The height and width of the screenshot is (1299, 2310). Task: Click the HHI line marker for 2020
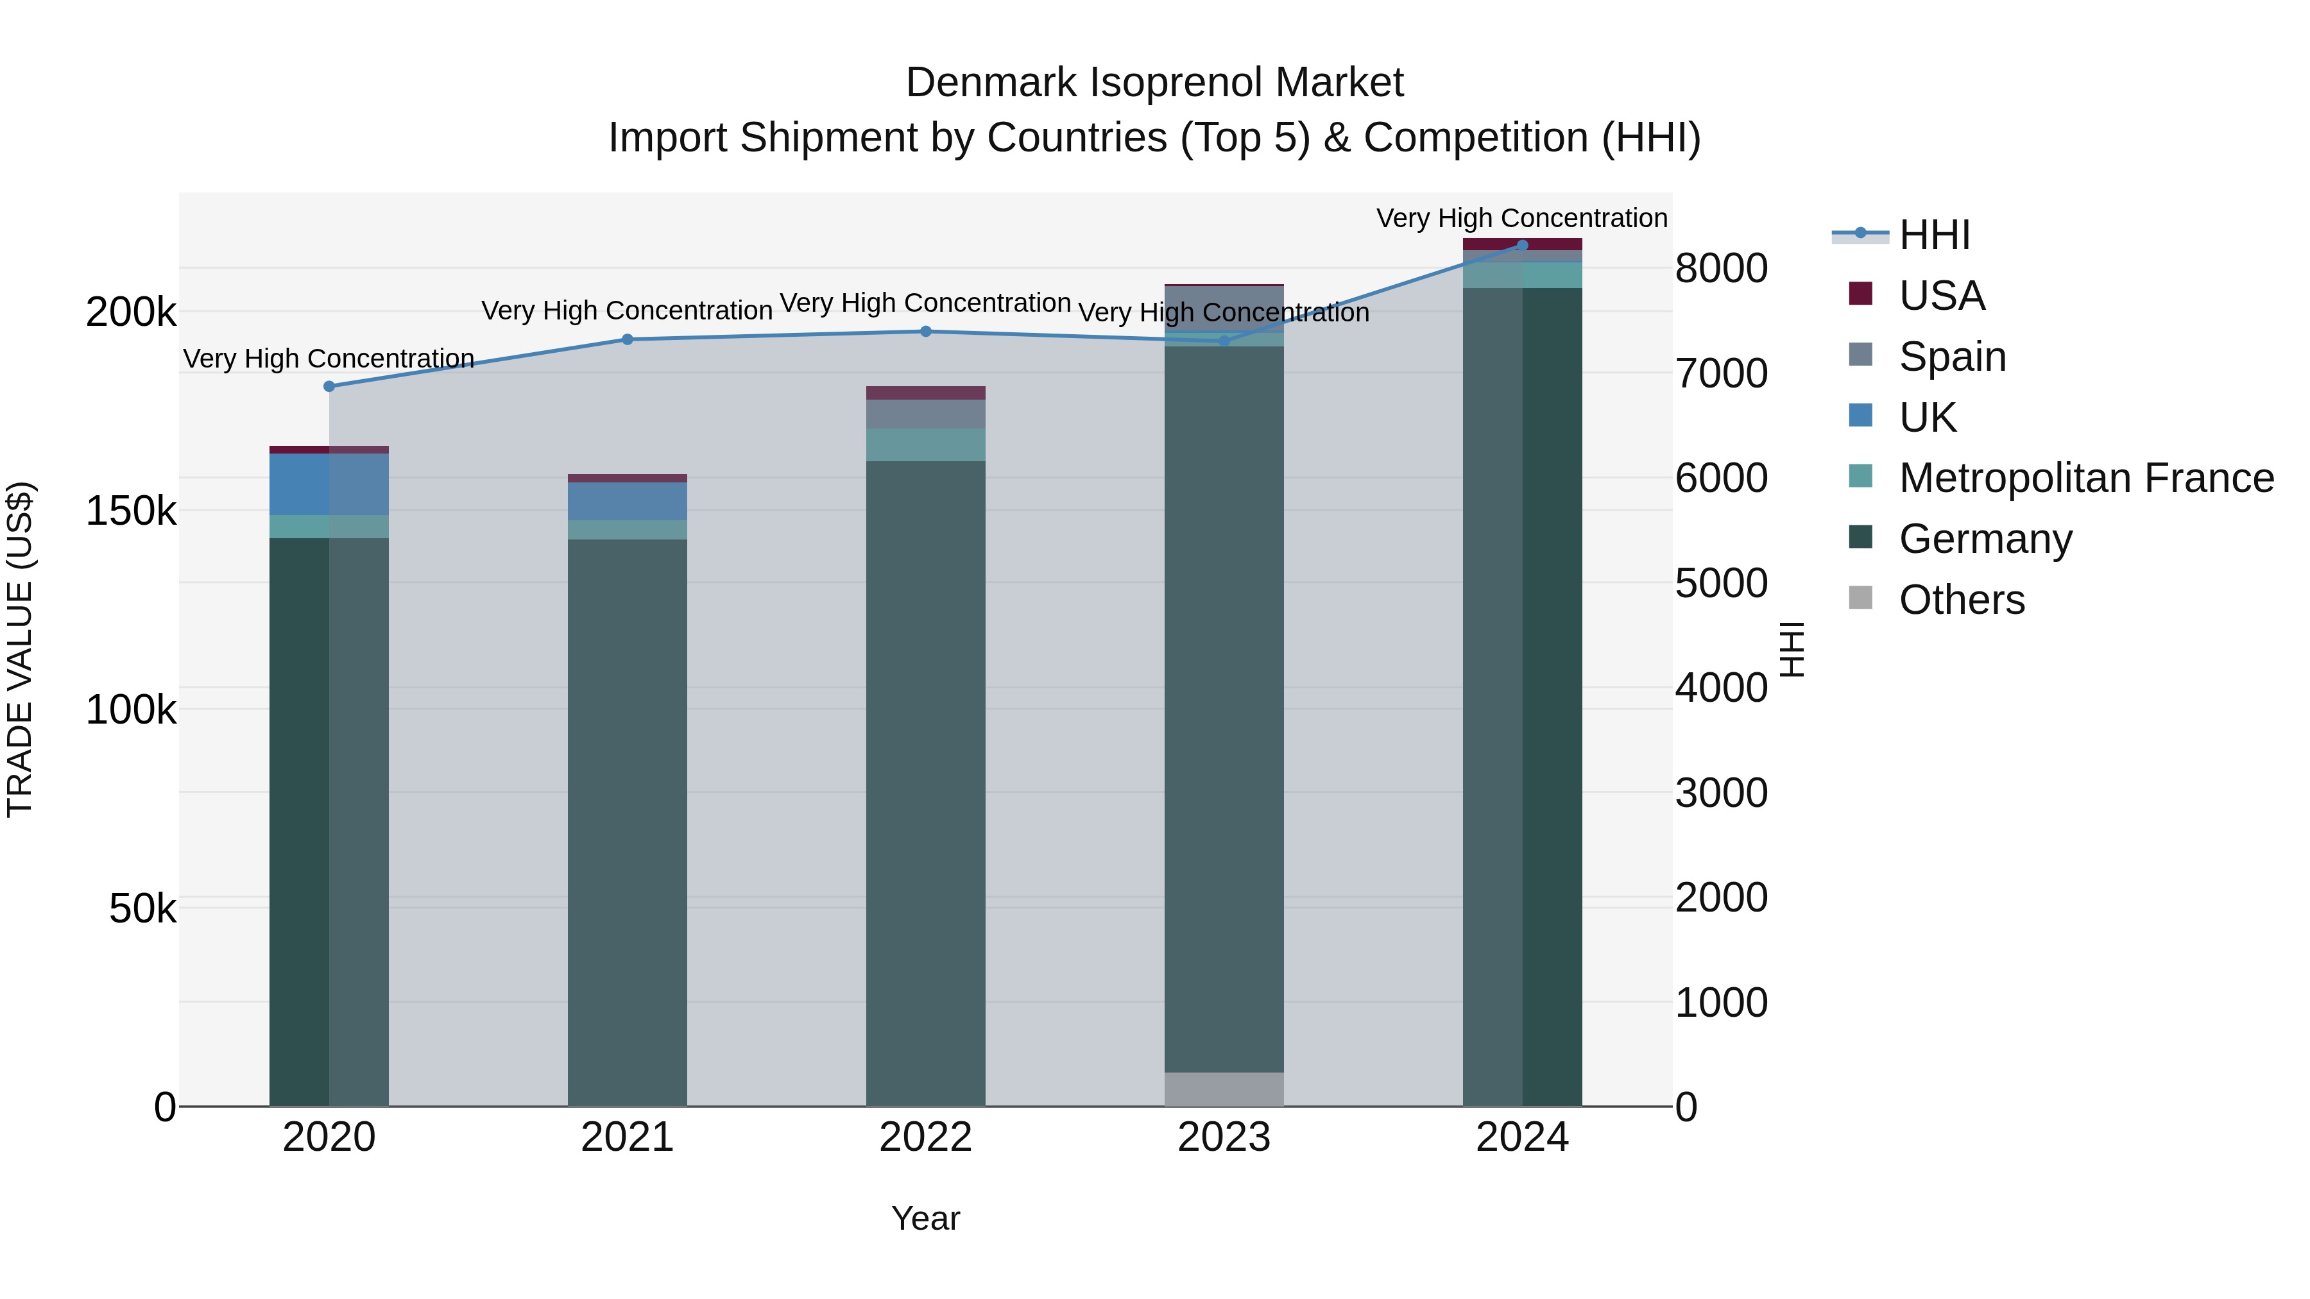329,386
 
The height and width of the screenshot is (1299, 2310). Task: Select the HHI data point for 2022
925,332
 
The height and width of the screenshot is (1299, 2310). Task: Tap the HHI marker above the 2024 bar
1522,245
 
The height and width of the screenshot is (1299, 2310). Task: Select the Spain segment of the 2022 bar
925,414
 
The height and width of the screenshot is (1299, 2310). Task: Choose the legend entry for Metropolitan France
2086,478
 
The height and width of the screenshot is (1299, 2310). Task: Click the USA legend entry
1942,296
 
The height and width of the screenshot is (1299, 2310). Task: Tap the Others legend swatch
1861,598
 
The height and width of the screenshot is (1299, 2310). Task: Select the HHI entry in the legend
1934,235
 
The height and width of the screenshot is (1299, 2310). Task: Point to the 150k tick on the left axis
131,511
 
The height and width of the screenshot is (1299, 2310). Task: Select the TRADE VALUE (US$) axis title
20,649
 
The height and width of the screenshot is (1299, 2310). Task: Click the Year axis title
925,1218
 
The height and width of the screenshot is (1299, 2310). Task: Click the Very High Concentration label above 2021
627,311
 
